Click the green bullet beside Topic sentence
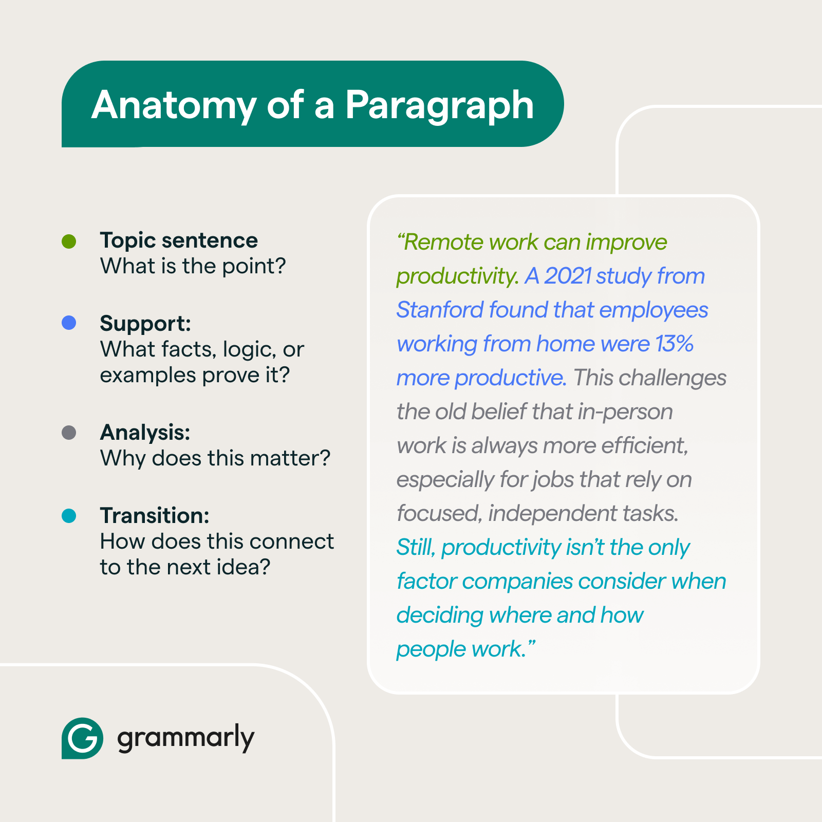pyautogui.click(x=69, y=241)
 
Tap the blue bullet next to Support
pyautogui.click(x=69, y=323)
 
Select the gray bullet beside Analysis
pyautogui.click(x=69, y=433)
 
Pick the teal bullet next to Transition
pyautogui.click(x=69, y=516)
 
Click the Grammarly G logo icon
pyautogui.click(x=82, y=738)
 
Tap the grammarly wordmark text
pyautogui.click(x=185, y=739)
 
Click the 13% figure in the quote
pyautogui.click(x=675, y=344)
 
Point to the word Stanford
pyautogui.click(x=440, y=310)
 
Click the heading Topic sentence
pyautogui.click(x=179, y=240)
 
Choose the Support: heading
pyautogui.click(x=145, y=324)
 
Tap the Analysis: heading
pyautogui.click(x=145, y=433)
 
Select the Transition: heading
pyautogui.click(x=155, y=516)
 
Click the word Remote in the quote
pyautogui.click(x=443, y=242)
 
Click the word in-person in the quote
pyautogui.click(x=625, y=412)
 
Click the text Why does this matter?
pyautogui.click(x=215, y=458)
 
